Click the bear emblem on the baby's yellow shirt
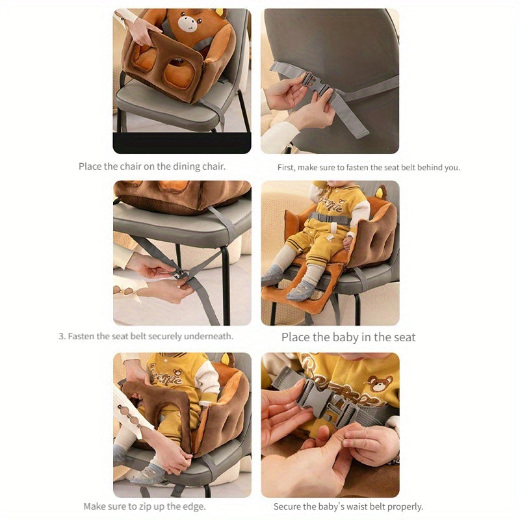point(380,383)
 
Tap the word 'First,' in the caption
point(287,168)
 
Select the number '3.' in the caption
point(62,336)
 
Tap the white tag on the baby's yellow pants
point(330,237)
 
